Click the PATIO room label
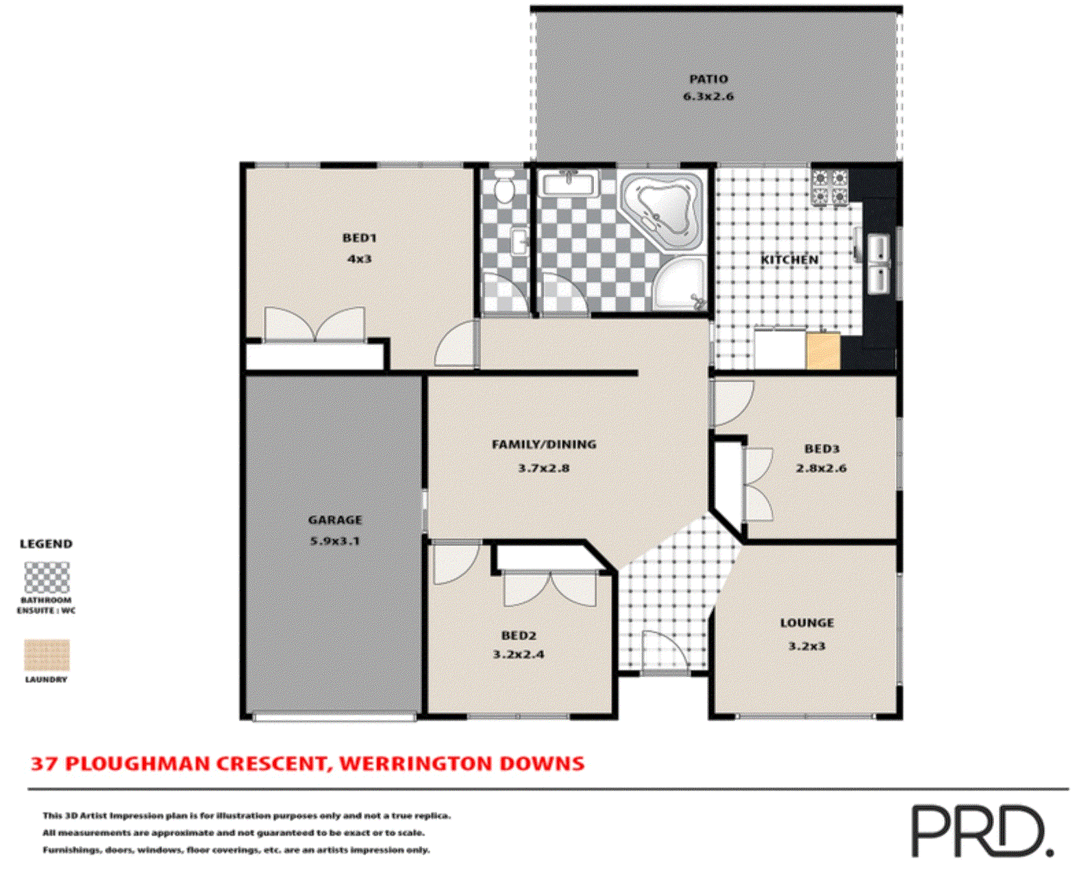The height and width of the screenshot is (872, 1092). (708, 79)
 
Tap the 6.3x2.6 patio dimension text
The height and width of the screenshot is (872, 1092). (708, 97)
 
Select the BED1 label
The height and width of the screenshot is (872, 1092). (360, 238)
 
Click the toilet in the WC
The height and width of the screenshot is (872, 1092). (505, 188)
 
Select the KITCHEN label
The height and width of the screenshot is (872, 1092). (790, 260)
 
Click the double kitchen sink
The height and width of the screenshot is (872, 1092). (878, 264)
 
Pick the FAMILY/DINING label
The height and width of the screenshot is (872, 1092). (544, 444)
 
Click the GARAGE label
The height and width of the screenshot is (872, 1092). (335, 520)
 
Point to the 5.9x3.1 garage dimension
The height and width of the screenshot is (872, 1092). (335, 541)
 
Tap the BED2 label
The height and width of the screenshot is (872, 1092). (519, 635)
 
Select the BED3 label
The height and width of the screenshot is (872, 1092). (821, 449)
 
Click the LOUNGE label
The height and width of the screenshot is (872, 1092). (807, 623)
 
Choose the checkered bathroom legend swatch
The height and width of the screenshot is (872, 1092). (47, 578)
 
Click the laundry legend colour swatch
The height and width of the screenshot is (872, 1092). (47, 656)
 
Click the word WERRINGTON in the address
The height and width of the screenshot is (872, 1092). (415, 763)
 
